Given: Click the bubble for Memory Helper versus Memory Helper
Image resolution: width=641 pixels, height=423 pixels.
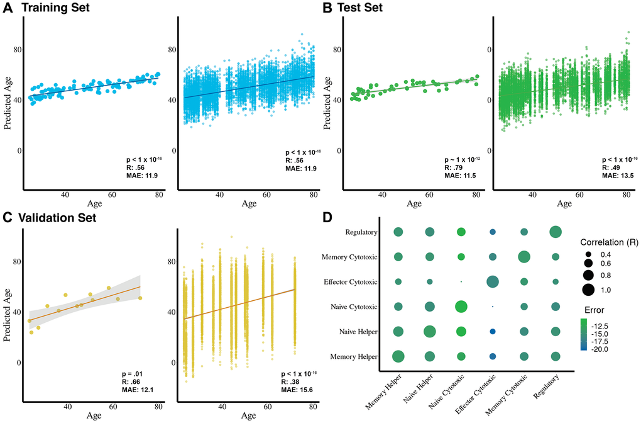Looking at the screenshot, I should (398, 356).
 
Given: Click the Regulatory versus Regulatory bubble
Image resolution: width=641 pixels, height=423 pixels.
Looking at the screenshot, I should (555, 232).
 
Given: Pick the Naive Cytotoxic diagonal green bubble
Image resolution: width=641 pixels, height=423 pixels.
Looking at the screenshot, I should (461, 307).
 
